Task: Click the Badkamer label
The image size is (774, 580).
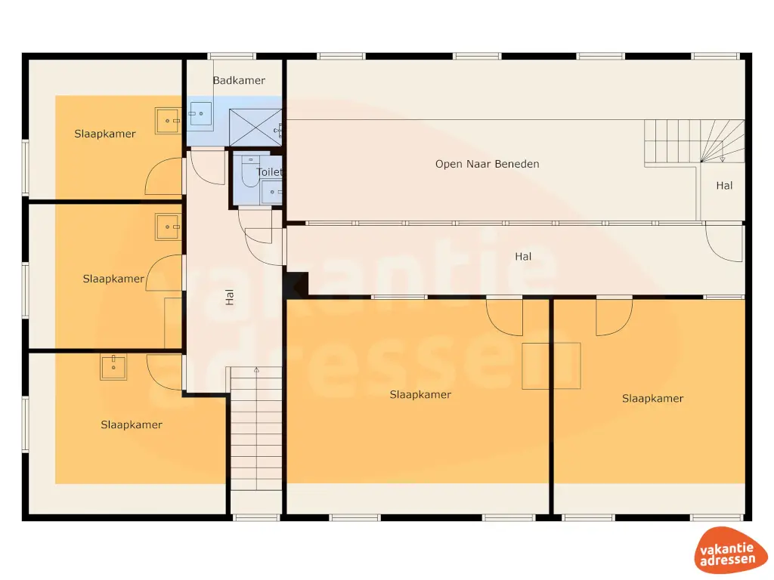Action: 239,80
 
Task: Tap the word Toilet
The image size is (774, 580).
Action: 270,172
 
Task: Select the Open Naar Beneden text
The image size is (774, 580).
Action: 487,164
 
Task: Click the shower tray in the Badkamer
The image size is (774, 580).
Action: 255,125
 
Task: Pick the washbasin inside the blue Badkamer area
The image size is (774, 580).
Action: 200,116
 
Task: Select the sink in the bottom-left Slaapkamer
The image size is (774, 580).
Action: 113,368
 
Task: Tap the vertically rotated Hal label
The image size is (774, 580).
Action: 230,298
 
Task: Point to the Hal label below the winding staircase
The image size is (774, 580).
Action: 724,185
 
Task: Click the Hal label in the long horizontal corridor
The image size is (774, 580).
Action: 523,257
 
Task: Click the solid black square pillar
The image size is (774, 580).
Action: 297,285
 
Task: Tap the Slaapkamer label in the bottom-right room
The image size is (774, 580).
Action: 652,398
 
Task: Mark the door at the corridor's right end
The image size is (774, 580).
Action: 724,243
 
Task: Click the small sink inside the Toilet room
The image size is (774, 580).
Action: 271,193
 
